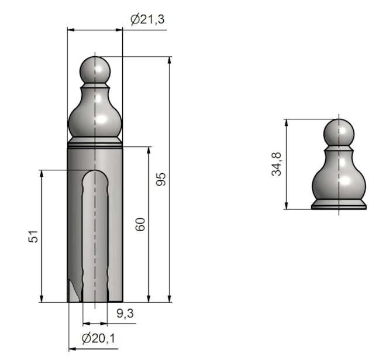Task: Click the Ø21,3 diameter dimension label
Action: (147, 19)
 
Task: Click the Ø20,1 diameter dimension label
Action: (98, 338)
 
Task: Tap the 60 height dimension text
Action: (140, 224)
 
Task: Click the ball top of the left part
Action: (95, 70)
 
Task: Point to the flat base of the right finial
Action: (339, 205)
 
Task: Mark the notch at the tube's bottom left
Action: (73, 291)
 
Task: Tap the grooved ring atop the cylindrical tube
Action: (95, 142)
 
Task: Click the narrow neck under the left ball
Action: (95, 86)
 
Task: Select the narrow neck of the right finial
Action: (339, 149)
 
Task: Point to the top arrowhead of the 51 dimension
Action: (42, 174)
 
